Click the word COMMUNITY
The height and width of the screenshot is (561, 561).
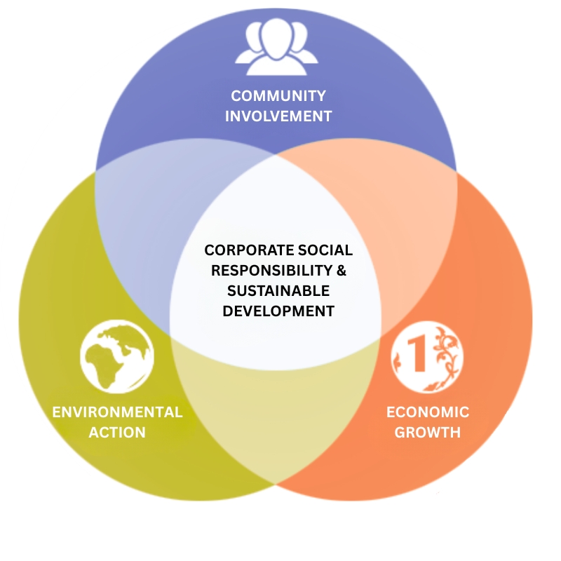pos(278,96)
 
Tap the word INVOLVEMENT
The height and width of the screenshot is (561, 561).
pos(278,116)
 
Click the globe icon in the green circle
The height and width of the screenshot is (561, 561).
pos(117,357)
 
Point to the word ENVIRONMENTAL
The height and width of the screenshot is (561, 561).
pos(117,412)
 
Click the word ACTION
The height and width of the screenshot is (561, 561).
pos(117,432)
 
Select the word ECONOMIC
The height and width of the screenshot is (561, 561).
pos(428,412)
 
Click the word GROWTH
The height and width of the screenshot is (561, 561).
pos(428,432)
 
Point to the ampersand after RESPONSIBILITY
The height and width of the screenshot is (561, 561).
pos(342,270)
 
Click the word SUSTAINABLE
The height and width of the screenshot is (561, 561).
pos(278,290)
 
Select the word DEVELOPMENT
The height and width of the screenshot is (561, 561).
pos(278,311)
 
